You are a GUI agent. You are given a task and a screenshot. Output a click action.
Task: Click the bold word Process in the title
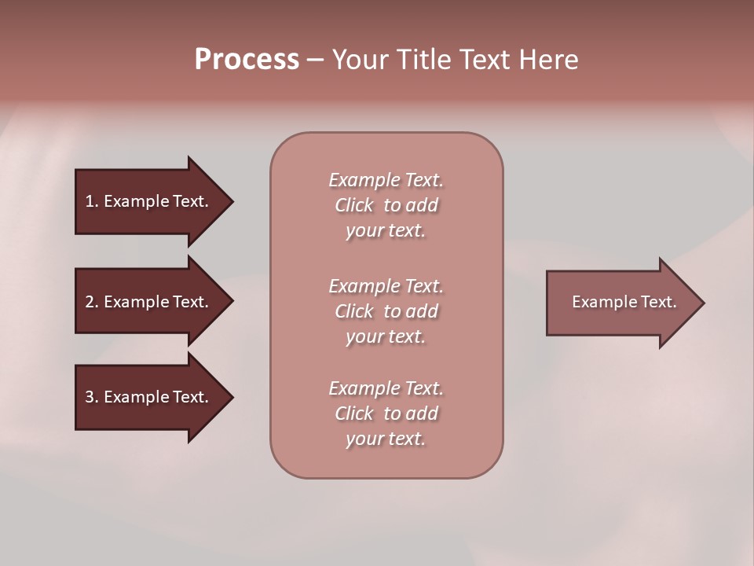click(x=247, y=60)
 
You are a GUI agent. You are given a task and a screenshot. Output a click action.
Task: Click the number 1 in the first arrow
click(x=90, y=201)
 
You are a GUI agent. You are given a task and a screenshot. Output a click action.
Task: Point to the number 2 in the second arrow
click(x=90, y=302)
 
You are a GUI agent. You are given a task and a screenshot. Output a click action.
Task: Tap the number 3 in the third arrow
click(x=90, y=397)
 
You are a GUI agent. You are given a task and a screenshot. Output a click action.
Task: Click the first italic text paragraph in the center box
click(x=386, y=205)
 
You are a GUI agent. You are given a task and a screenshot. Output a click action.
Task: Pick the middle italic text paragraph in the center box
click(x=386, y=311)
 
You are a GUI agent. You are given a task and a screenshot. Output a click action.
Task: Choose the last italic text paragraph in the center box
click(x=386, y=413)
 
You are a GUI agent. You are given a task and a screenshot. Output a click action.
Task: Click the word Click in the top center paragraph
click(x=354, y=205)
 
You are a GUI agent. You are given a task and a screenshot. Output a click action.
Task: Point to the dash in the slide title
click(x=315, y=61)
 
